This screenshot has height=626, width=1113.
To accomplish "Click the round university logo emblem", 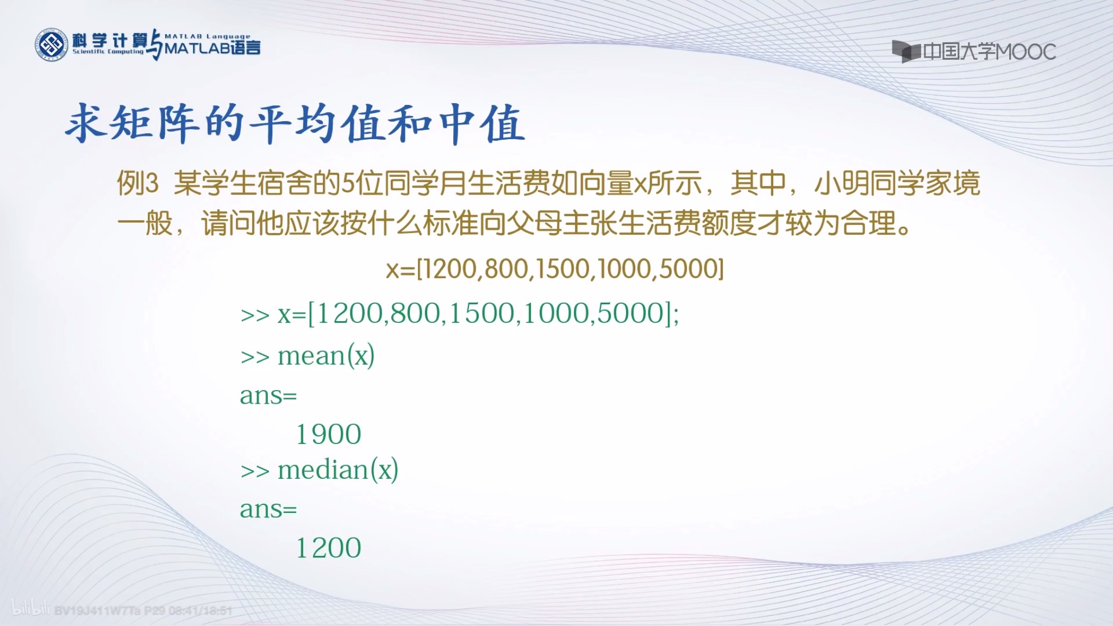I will point(52,45).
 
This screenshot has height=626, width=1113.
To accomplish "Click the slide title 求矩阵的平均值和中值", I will point(295,124).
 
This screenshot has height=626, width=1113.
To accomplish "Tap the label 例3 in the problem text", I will point(137,183).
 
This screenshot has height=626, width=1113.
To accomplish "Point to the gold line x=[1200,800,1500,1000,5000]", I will point(555,268).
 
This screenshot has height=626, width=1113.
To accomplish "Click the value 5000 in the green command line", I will point(630,314).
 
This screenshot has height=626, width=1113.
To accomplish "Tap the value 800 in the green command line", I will point(415,314).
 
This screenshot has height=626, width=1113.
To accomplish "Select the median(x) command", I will point(337,470).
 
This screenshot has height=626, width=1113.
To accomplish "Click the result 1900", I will point(328,434).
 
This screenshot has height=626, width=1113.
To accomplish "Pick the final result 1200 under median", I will point(328,548).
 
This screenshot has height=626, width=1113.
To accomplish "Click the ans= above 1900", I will point(268,396).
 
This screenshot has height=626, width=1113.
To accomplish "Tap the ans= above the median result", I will point(268,510).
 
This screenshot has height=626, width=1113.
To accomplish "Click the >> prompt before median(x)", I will point(255,471).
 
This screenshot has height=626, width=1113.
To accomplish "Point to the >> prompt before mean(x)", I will point(255,358).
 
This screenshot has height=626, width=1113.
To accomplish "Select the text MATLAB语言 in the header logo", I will point(212,48).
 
